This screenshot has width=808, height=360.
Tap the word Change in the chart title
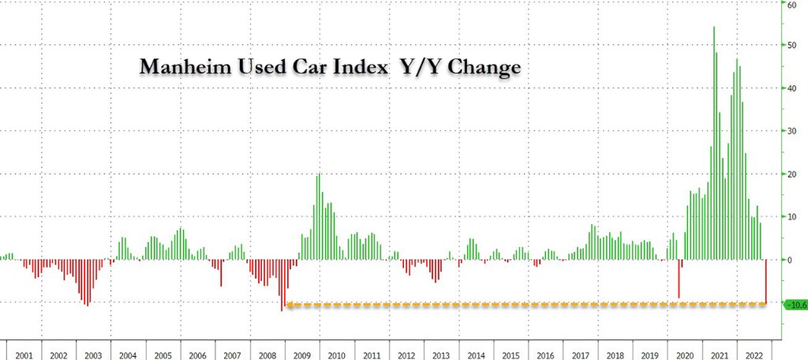click(482, 68)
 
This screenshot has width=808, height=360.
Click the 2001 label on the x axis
click(24, 346)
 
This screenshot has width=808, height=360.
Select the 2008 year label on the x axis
click(267, 346)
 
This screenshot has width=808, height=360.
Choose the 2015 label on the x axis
click(511, 346)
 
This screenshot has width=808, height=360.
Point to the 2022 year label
click(754, 346)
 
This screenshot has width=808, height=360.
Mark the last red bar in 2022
click(766, 281)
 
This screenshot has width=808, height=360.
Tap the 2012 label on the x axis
click(407, 346)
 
